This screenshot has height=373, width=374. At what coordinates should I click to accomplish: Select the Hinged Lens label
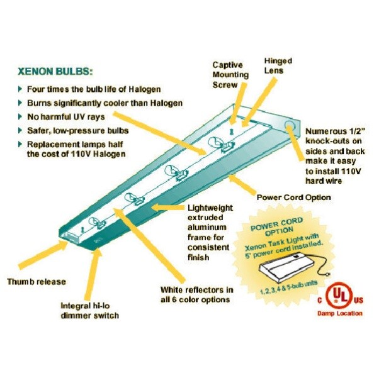coord(278,66)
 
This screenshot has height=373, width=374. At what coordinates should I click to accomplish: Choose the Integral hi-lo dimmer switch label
coord(89,310)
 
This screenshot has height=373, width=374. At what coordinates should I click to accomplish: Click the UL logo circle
coord(340,294)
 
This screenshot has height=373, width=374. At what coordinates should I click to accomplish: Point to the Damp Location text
coord(339,313)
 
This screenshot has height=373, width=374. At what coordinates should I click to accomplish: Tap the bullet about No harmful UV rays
coord(65,116)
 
